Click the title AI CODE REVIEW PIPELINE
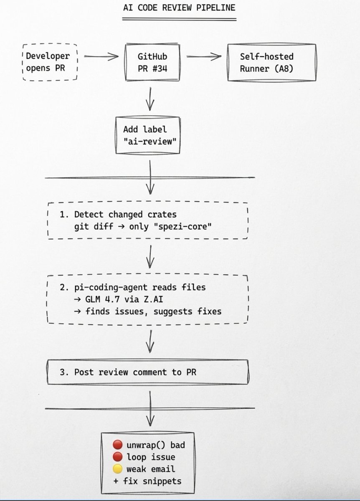179,8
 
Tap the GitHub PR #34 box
152,62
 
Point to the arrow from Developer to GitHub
101,56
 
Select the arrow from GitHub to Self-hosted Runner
203,56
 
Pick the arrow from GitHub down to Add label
150,99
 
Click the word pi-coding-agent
111,288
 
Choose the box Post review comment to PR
147,372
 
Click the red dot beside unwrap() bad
117,445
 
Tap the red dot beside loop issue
117,457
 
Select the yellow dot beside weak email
117,469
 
